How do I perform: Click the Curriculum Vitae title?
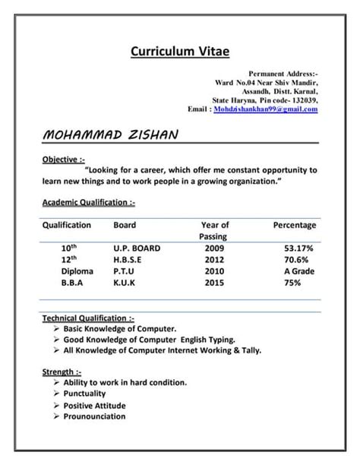pos(179,51)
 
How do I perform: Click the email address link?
pos(265,109)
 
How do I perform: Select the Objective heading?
pos(63,160)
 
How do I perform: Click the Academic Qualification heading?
pos(88,202)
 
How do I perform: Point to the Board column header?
pos(125,225)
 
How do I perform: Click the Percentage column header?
pos(294,225)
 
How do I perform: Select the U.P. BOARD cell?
pos(137,248)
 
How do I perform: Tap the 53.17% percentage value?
pos(299,248)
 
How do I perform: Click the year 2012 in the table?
pos(215,259)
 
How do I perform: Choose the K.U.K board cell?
pos(126,282)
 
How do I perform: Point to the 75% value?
pos(292,282)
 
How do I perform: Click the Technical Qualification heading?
pos(89,318)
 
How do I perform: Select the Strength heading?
pos(62,372)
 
